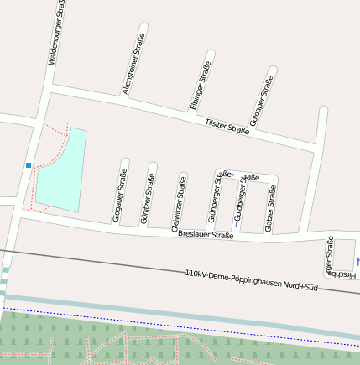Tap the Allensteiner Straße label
133,64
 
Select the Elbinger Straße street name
200,86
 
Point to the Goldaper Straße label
261,102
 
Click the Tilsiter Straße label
227,127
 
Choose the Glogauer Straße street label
120,196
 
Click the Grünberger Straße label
216,196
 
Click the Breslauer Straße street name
206,236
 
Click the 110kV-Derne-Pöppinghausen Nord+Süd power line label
252,280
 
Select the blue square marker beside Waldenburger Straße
29,165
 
